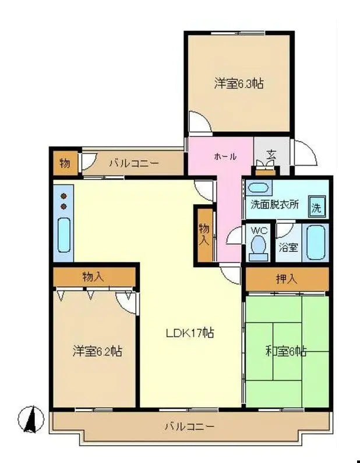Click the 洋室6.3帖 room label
239,83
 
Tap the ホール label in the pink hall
225,156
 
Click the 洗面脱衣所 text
275,205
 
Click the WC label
259,231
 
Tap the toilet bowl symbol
258,248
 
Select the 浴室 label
288,247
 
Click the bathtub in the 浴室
317,243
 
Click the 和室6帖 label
286,351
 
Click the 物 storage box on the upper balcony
65,163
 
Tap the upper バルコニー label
133,164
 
